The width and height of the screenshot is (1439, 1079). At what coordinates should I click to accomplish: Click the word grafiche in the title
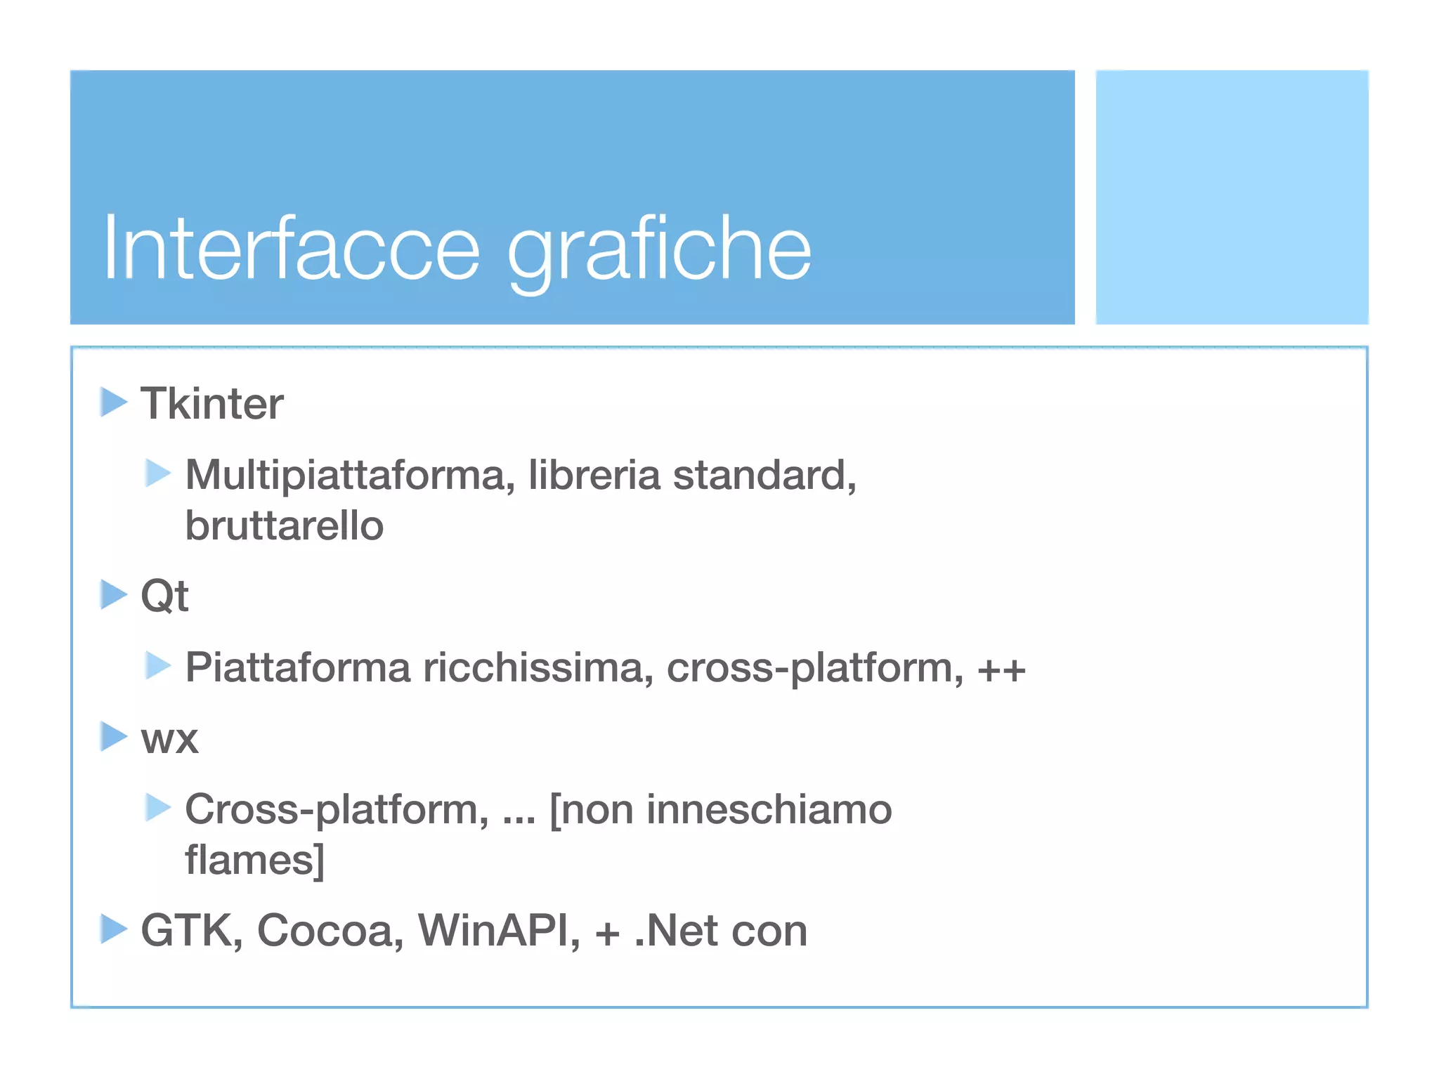659,250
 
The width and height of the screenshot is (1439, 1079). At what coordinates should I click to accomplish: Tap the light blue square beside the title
1232,197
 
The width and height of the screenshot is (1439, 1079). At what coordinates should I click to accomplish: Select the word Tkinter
211,404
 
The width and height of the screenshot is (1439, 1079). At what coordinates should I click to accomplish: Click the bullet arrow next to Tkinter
113,402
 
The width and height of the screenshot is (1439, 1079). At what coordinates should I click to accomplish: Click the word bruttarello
284,526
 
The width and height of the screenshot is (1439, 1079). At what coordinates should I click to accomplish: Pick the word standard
763,476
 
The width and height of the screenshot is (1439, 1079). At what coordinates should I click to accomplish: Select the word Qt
164,596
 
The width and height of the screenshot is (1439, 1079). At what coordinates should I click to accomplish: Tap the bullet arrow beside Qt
113,594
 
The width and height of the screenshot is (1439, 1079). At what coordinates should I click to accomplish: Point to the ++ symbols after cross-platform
1001,669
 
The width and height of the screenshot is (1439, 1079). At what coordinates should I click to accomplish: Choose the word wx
169,739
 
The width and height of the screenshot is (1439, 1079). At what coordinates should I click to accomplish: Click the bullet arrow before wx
113,736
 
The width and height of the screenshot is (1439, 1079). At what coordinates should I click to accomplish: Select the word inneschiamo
769,809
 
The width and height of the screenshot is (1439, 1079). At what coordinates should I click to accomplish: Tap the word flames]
254,860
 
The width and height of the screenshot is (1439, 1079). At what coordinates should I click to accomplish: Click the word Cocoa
330,931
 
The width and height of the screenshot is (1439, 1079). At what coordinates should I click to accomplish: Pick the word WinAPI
499,931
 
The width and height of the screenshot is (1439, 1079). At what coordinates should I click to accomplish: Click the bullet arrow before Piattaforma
158,665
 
